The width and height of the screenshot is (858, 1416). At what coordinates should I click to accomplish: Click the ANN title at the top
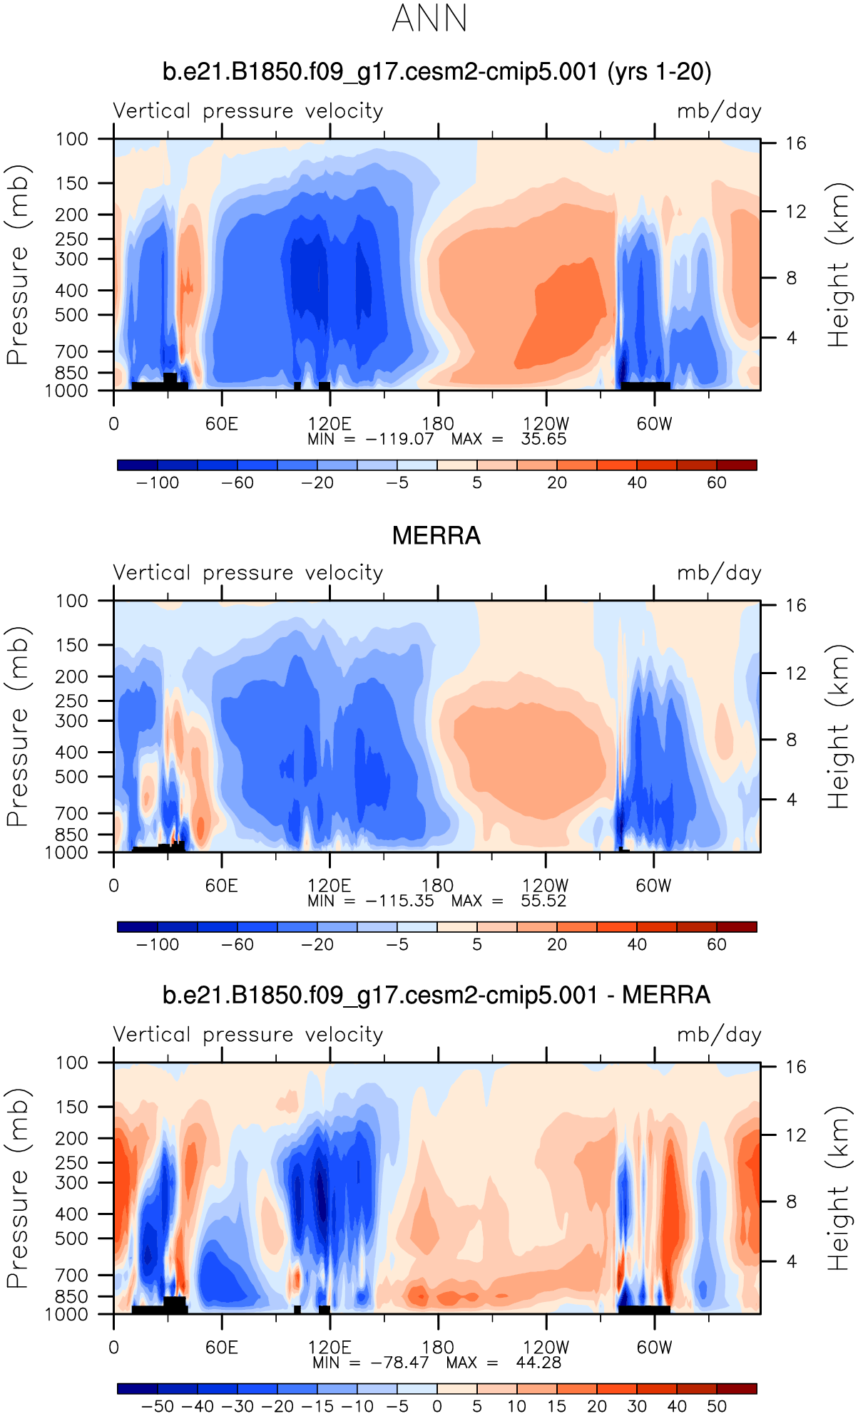[429, 19]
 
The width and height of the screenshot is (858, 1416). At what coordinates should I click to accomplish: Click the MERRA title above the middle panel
[436, 536]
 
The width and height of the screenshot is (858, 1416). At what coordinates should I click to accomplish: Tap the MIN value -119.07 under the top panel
[399, 439]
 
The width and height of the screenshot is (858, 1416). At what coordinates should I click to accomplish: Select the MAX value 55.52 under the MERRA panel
[543, 901]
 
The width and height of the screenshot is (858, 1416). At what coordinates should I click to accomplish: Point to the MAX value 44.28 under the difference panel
[538, 1363]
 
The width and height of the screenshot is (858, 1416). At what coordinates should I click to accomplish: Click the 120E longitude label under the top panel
[330, 424]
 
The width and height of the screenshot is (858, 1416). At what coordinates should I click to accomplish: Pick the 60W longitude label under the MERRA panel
[654, 886]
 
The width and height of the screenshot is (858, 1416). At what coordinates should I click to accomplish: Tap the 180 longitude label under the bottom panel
[438, 1348]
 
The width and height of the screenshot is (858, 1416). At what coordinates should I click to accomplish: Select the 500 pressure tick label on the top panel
[73, 315]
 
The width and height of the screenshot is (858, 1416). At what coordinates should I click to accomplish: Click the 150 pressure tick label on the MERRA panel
[73, 645]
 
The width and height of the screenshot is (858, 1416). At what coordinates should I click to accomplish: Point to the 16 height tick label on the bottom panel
[796, 1067]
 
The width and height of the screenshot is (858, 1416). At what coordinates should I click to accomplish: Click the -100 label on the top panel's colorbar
[158, 483]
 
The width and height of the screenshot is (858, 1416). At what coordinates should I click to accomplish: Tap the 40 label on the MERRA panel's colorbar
[637, 945]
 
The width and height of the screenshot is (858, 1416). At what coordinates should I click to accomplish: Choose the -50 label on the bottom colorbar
[158, 1407]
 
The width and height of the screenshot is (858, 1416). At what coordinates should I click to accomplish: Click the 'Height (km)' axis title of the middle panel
[839, 727]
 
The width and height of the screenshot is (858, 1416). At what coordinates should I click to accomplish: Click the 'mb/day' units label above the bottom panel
[719, 1035]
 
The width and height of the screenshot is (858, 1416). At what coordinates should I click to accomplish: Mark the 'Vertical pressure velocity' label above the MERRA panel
[248, 573]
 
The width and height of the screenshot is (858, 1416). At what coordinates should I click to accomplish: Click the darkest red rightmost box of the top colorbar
[737, 465]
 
